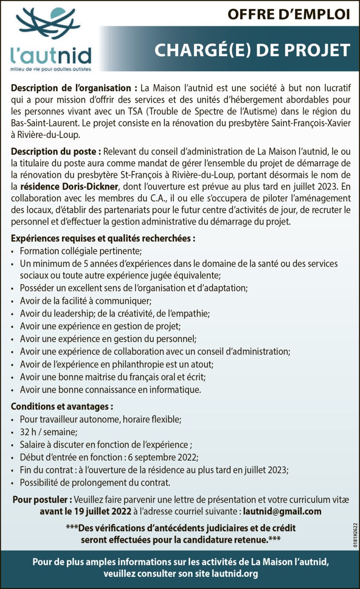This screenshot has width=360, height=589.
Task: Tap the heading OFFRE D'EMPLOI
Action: click(x=289, y=15)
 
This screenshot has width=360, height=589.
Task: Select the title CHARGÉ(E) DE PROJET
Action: click(x=252, y=50)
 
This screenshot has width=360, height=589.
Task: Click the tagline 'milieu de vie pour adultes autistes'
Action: click(x=51, y=69)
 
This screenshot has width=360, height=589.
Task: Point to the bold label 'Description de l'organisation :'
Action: click(x=74, y=88)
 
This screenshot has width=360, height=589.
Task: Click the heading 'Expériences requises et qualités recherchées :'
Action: click(x=103, y=238)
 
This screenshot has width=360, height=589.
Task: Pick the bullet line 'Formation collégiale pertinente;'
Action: click(x=81, y=251)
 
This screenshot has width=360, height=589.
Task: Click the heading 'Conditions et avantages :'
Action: click(x=61, y=407)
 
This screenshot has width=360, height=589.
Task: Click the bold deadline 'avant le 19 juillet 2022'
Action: click(x=85, y=511)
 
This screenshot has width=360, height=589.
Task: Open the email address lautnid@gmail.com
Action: click(x=282, y=511)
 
